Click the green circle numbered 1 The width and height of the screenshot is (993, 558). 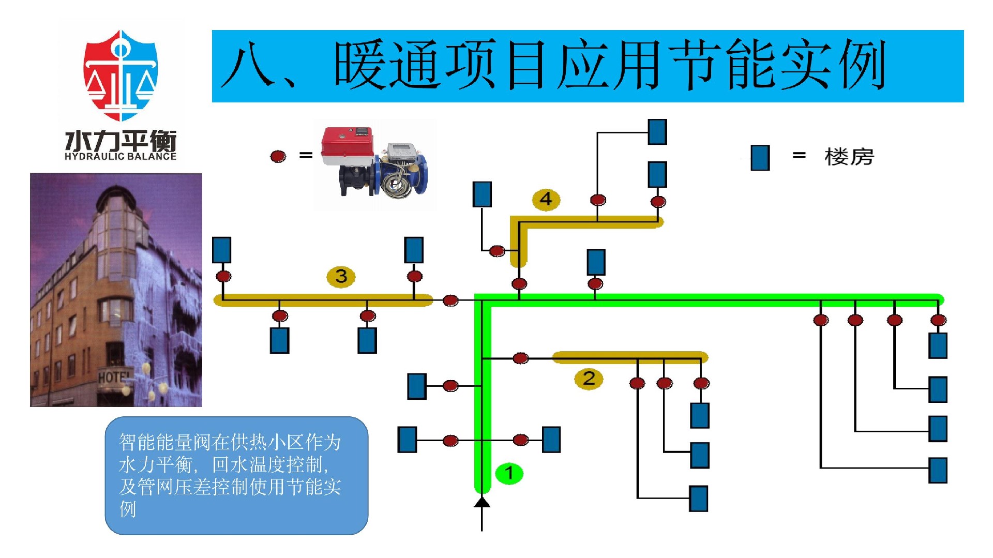[x=509, y=473]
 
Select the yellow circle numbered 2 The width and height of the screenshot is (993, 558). [x=589, y=379]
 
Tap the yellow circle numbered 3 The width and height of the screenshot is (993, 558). [x=341, y=276]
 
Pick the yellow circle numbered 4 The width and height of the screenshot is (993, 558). [x=546, y=199]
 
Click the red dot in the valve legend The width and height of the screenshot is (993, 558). [x=278, y=156]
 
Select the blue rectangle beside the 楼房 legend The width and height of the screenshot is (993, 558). [x=760, y=157]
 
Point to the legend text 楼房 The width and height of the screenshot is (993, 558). [x=849, y=157]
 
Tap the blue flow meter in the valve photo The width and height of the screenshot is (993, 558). [x=404, y=171]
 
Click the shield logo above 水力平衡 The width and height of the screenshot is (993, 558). [x=121, y=75]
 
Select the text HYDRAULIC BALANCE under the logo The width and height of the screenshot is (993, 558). [x=121, y=156]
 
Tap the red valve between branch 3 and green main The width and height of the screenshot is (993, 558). [x=450, y=300]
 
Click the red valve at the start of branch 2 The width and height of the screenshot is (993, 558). [x=520, y=358]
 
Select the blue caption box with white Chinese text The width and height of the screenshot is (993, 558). [x=236, y=475]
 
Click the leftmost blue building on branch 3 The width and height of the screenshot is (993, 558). [x=221, y=250]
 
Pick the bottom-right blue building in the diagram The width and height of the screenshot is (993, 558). [x=937, y=470]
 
